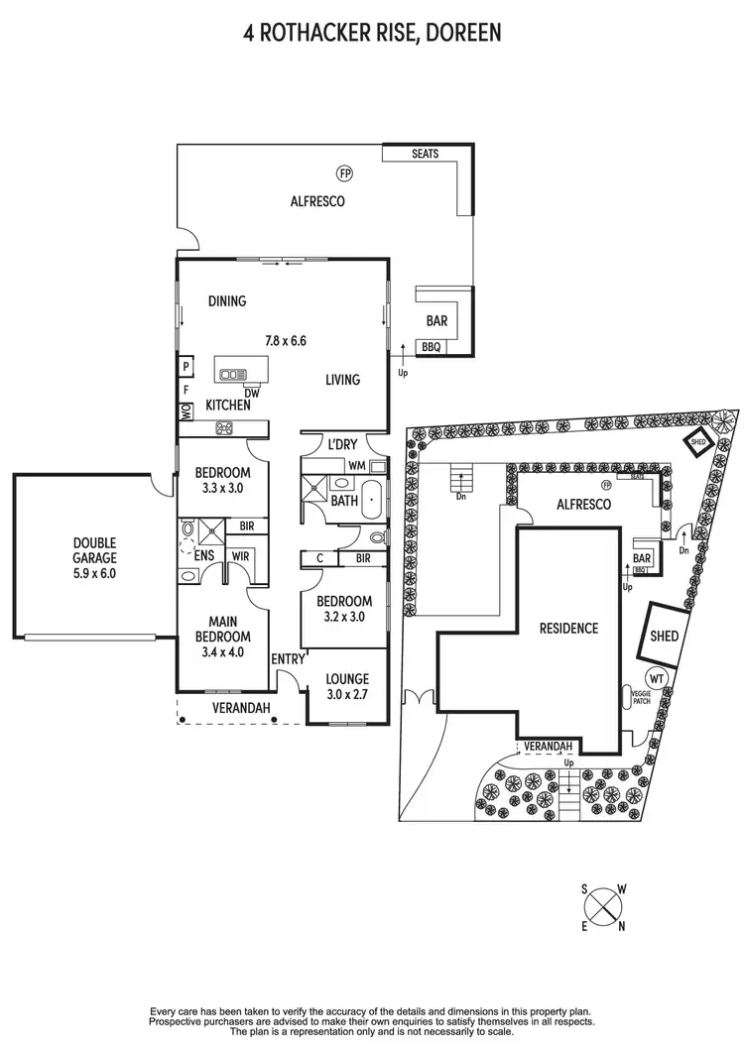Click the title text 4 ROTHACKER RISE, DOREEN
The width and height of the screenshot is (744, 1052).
tap(372, 34)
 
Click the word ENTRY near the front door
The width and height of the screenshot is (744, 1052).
tap(289, 658)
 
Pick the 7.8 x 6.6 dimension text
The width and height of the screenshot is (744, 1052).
tap(285, 340)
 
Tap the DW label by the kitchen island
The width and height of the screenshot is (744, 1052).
tap(253, 392)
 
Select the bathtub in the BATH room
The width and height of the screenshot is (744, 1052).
tap(372, 501)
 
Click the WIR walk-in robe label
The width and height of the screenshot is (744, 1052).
tap(240, 557)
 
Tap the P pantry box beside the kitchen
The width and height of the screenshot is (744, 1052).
tap(186, 367)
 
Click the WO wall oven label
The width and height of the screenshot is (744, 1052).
tap(186, 412)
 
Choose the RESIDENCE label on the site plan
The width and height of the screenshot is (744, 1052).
tap(568, 628)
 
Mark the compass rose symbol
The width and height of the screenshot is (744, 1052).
tap(603, 907)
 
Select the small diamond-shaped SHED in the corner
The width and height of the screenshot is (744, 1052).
tap(696, 444)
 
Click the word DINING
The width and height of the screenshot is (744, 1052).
tap(227, 301)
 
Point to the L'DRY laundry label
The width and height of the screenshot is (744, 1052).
tap(342, 445)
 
